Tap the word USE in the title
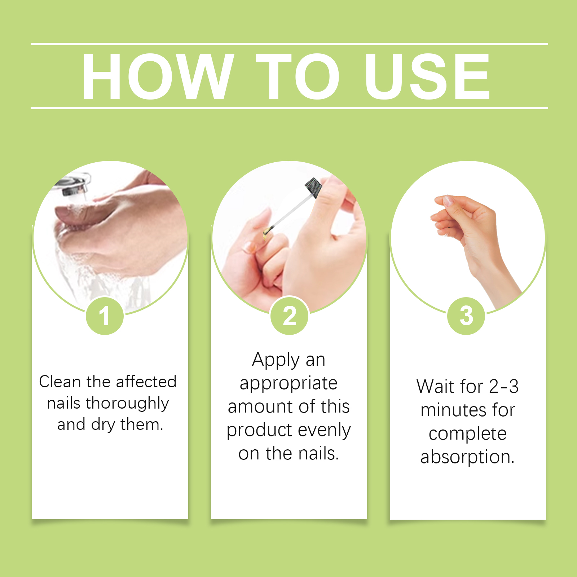coord(427,76)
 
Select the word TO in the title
coord(298,76)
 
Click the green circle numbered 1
coord(105,316)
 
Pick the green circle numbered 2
coord(290,316)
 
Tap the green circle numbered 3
coord(466,316)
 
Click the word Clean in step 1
coord(60,382)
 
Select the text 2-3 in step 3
coord(504,386)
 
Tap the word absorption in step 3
coord(467,457)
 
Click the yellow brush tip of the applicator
coord(266,231)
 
